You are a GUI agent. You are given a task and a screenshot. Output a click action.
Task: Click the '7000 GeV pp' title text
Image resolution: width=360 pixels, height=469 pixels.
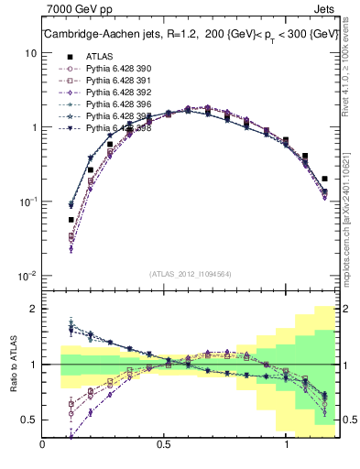coord(78,10)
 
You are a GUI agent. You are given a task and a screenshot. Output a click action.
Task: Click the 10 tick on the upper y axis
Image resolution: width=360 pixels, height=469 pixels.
coord(30,53)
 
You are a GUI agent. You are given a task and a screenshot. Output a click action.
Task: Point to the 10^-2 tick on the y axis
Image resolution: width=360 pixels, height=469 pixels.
coord(27,276)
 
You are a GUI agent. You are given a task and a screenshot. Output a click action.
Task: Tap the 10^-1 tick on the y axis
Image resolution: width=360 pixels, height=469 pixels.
coord(27,202)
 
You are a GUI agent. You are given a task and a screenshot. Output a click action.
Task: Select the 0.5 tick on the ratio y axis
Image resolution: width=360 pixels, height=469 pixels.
coord(29,420)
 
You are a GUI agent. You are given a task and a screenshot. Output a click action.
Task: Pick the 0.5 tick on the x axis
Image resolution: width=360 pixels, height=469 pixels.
coord(165,445)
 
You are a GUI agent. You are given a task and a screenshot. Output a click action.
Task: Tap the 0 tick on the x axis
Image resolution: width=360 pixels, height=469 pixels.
coord(43,445)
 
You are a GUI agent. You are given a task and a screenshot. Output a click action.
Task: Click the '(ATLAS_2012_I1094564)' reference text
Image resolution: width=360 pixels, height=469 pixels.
coord(190,274)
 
